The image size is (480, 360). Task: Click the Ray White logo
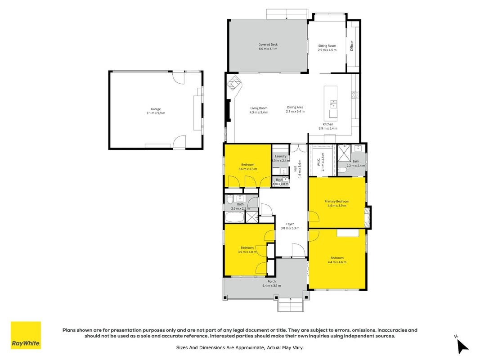(26, 335)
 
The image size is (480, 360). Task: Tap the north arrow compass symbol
(462, 346)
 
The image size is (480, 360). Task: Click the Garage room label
(156, 109)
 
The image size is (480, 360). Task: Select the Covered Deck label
(268, 45)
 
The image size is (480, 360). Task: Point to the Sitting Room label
(327, 45)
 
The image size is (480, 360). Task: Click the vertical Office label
(351, 46)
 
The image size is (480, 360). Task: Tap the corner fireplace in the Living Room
(234, 83)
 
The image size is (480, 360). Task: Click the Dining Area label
(295, 107)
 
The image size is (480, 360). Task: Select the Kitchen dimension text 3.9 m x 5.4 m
(328, 128)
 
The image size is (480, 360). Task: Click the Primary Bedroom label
(337, 202)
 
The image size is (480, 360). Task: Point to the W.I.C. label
(319, 162)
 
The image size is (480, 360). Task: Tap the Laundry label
(281, 156)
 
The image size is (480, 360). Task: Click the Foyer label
(290, 224)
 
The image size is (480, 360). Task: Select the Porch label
(272, 281)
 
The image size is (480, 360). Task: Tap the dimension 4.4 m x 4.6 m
(337, 262)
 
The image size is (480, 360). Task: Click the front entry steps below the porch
(291, 305)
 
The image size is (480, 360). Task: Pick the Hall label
(295, 168)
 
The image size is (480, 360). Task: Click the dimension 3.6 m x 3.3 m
(248, 169)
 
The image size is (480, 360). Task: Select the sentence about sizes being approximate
(240, 347)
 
